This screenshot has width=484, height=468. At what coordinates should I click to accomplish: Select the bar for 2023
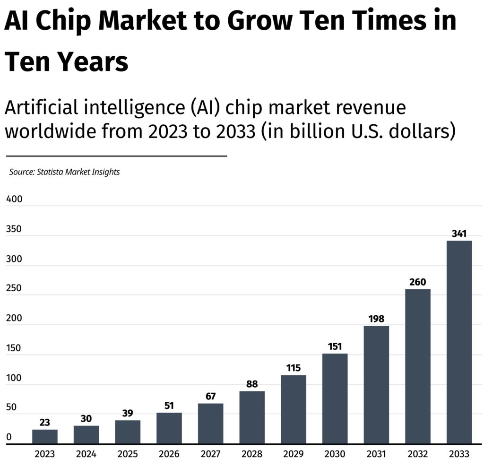click(45, 436)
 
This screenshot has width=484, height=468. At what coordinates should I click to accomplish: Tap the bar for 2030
click(335, 399)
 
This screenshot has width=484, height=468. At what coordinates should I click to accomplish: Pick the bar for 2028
click(252, 417)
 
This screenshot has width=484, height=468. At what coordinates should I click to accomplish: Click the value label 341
click(459, 234)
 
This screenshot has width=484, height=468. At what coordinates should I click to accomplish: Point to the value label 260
click(417, 282)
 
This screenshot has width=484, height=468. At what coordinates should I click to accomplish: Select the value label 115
click(294, 368)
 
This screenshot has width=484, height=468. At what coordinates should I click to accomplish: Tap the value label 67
click(210, 396)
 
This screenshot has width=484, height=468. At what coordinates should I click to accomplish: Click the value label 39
click(128, 413)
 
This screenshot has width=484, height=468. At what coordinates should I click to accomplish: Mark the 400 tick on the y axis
click(14, 199)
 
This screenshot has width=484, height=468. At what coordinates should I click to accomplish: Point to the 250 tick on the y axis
click(14, 288)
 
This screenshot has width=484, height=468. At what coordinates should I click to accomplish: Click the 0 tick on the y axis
click(9, 437)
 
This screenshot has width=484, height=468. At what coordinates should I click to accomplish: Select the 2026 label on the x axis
click(169, 454)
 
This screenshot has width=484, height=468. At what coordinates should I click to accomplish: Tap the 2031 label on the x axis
click(376, 454)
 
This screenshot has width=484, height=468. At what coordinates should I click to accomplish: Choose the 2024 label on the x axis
click(86, 454)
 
